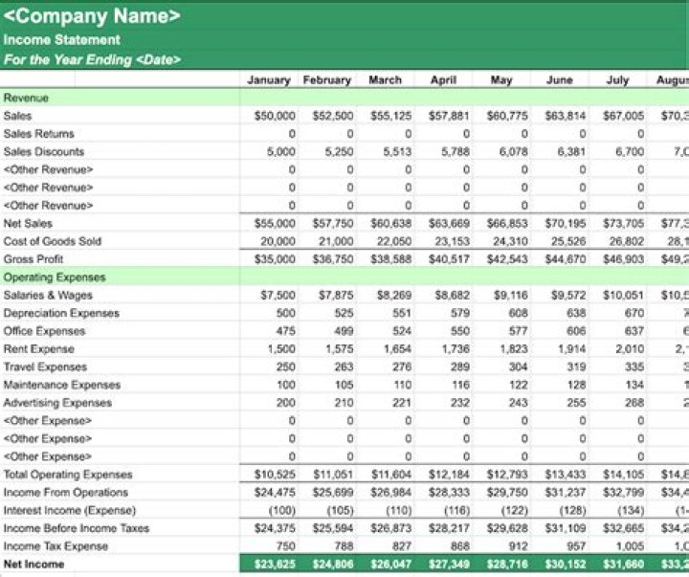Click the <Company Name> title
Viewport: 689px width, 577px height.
(92, 16)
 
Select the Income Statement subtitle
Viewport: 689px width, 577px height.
(62, 40)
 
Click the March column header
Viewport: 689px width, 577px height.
(385, 80)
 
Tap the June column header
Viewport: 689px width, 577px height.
(559, 80)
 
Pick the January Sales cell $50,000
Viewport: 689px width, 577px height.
(275, 116)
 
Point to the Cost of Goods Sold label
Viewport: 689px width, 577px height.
(52, 241)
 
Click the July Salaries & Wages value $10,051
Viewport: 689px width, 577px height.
(623, 296)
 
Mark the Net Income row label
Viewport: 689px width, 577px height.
(34, 565)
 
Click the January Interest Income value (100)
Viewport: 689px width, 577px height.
(280, 511)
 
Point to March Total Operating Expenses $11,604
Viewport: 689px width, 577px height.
(390, 475)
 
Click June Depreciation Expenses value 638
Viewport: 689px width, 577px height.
(575, 313)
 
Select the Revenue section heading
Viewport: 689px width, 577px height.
(26, 98)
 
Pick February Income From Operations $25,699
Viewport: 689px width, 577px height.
(333, 493)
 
